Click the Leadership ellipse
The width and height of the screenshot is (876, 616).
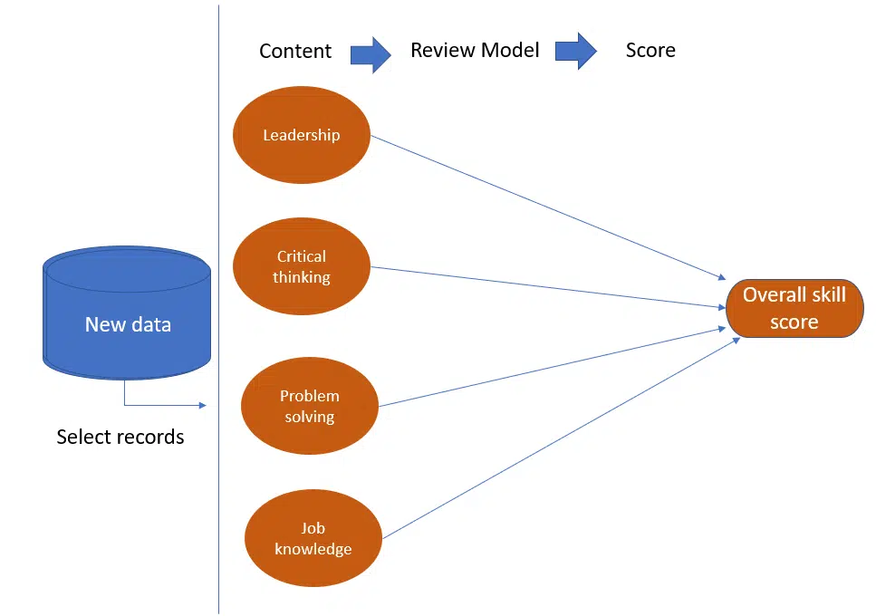pyautogui.click(x=302, y=136)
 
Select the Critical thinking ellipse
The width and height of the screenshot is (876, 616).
pyautogui.click(x=302, y=266)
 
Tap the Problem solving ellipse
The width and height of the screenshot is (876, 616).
pyautogui.click(x=309, y=406)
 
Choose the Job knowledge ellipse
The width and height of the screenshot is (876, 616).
pyautogui.click(x=313, y=538)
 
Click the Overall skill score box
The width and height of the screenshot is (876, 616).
pyautogui.click(x=794, y=309)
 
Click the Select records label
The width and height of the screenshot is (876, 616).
pyautogui.click(x=120, y=437)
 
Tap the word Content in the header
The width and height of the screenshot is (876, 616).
pyautogui.click(x=295, y=51)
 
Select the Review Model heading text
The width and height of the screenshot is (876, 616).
pyautogui.click(x=475, y=50)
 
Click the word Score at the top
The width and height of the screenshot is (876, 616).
pyautogui.click(x=650, y=50)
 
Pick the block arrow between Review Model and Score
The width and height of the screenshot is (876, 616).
pyautogui.click(x=575, y=52)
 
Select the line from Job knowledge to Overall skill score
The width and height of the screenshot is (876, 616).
pyautogui.click(x=562, y=438)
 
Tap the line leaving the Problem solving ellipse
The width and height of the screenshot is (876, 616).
pyautogui.click(x=553, y=367)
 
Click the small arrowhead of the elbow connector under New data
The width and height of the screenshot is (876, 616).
pyautogui.click(x=204, y=406)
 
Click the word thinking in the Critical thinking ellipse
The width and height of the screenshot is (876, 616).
pyautogui.click(x=302, y=277)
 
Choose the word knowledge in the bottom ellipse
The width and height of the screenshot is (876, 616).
pyautogui.click(x=313, y=549)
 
